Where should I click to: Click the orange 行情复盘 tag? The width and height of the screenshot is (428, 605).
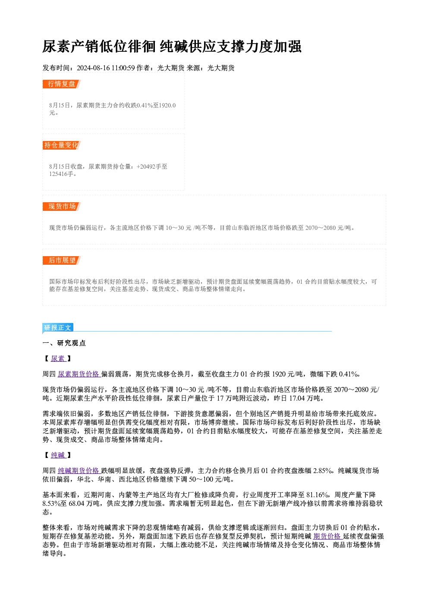click(62, 84)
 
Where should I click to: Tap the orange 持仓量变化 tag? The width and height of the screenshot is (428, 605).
click(62, 145)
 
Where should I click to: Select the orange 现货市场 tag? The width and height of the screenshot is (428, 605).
click(62, 207)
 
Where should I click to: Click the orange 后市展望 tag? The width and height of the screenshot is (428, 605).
click(62, 260)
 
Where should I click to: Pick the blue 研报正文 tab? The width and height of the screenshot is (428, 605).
click(58, 328)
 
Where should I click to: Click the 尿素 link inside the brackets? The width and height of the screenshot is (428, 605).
click(58, 358)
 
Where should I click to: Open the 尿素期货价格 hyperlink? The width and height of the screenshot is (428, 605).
click(79, 374)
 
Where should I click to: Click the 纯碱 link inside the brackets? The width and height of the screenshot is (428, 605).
click(58, 455)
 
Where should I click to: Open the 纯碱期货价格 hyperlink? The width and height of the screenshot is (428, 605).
click(79, 470)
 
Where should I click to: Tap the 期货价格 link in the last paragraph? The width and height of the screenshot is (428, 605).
click(328, 536)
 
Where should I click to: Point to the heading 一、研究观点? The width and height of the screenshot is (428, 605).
click(64, 343)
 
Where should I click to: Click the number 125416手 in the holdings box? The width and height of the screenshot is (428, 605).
click(61, 174)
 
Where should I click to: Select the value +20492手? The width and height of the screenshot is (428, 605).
click(148, 166)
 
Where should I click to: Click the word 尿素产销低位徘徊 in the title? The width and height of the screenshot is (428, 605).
click(99, 47)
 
